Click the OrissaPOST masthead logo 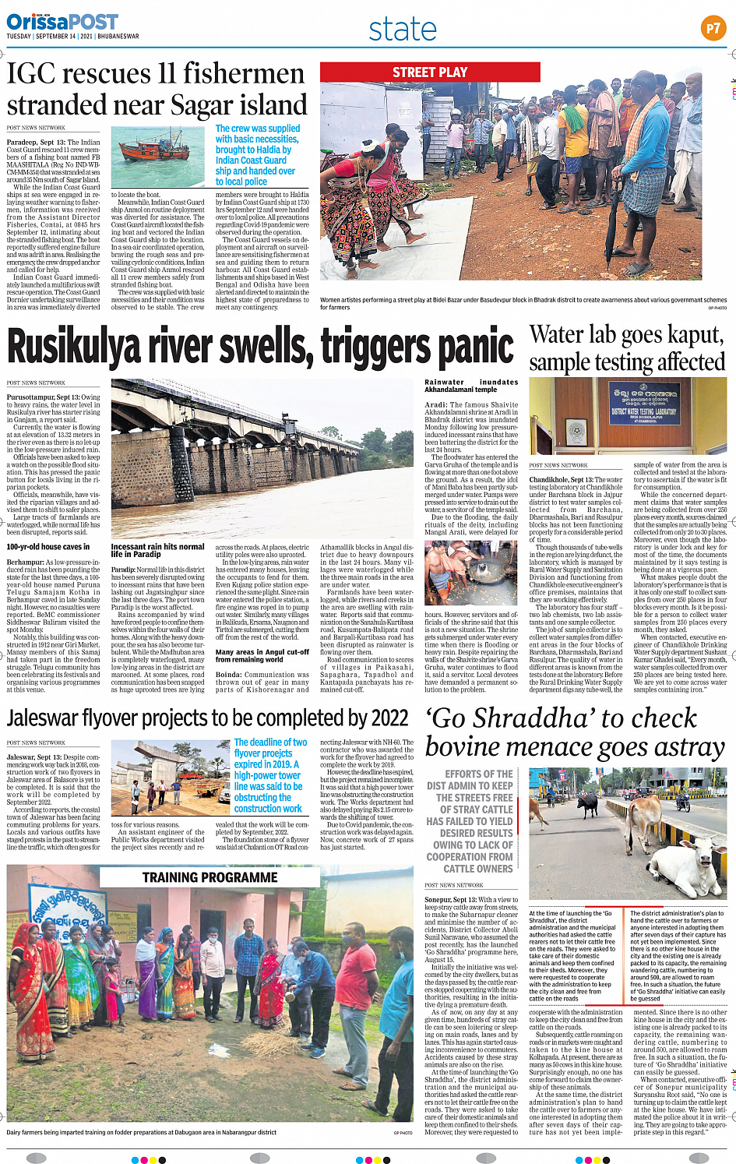click(x=62, y=21)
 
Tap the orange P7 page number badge click(x=713, y=29)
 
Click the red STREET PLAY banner click(x=430, y=72)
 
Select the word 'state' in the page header click(x=403, y=30)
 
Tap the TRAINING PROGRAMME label click(x=210, y=877)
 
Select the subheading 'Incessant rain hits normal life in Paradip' click(x=157, y=550)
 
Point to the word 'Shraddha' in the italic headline click(x=597, y=718)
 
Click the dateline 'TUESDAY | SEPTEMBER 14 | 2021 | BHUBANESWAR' click(x=72, y=37)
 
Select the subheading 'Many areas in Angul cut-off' click(x=262, y=655)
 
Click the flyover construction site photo click(x=169, y=778)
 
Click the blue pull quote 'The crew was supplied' click(x=257, y=155)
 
